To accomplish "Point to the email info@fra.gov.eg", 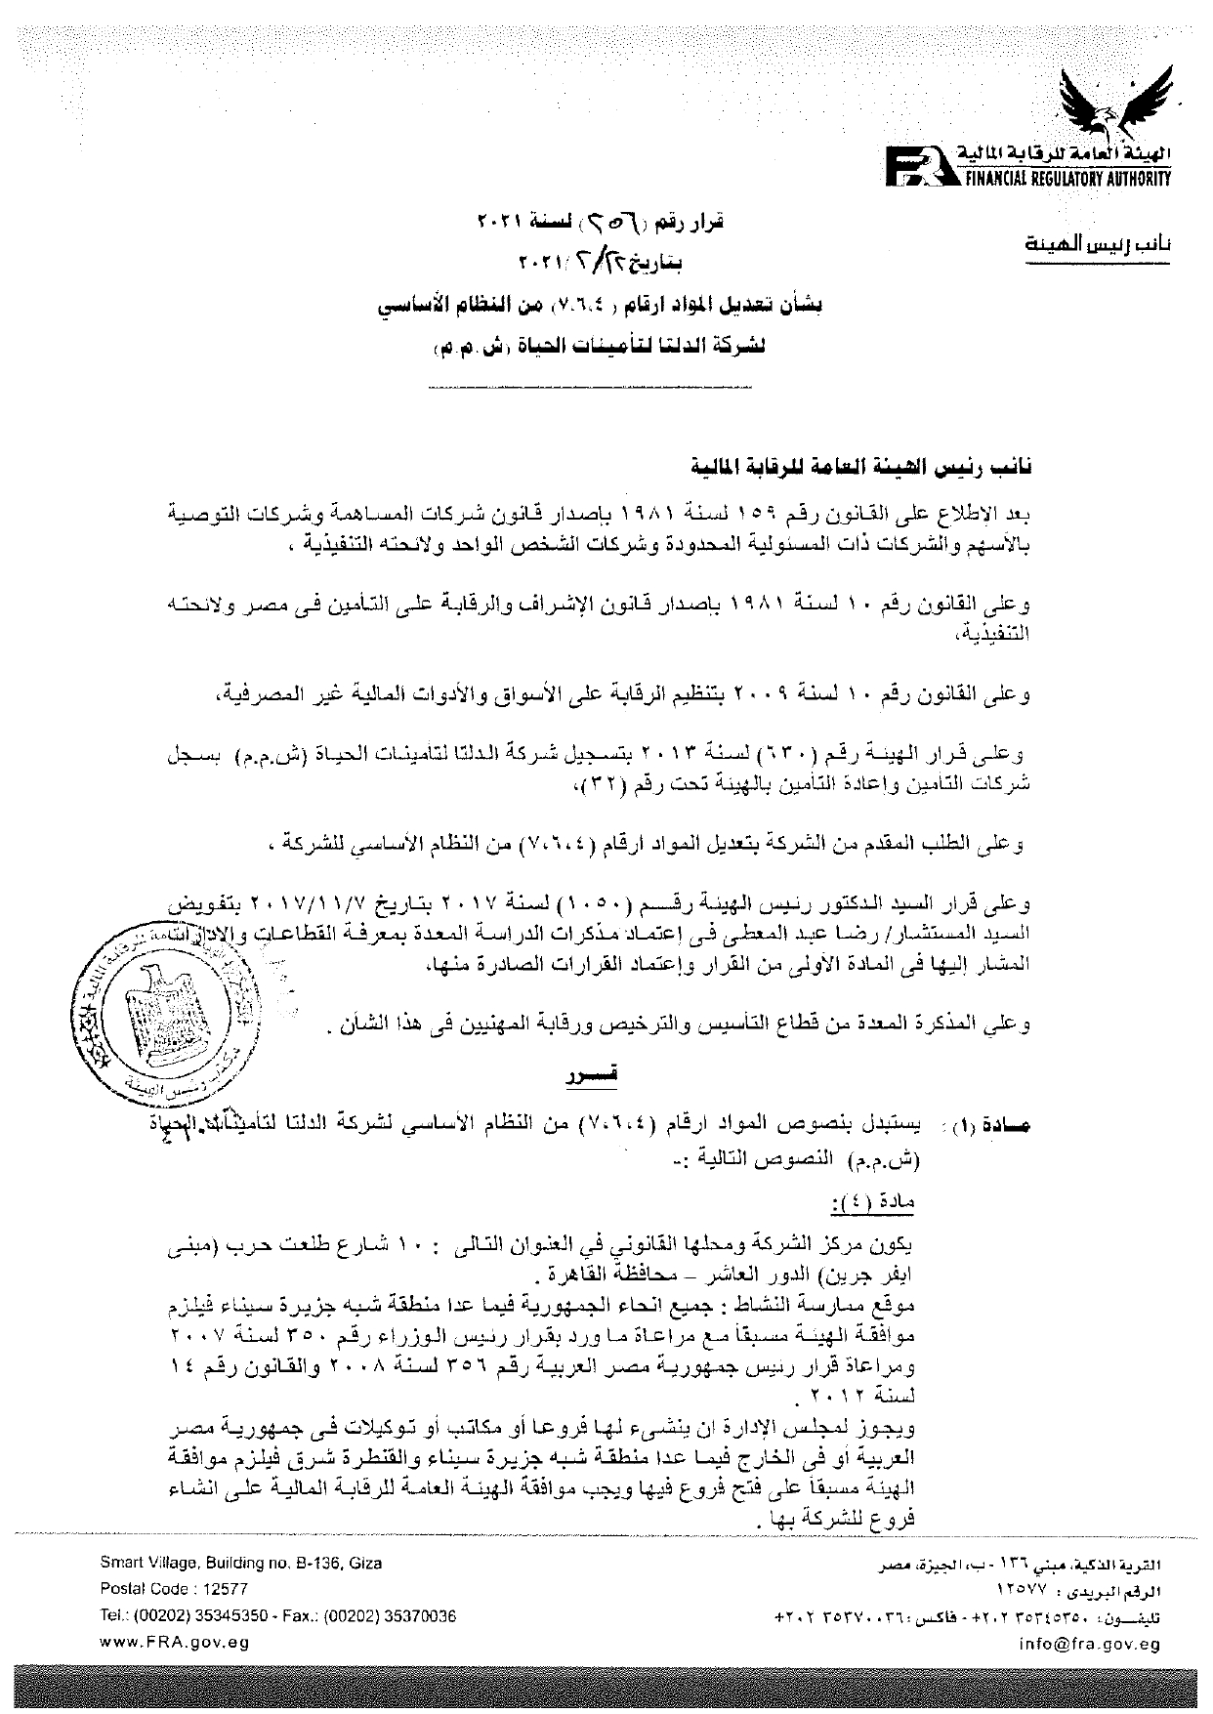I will tap(1088, 1643).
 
